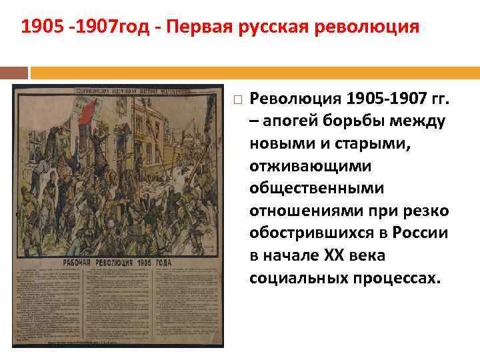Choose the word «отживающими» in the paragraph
(x=302, y=167)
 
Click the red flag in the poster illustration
(x=87, y=114)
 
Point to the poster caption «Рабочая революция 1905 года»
(x=117, y=263)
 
